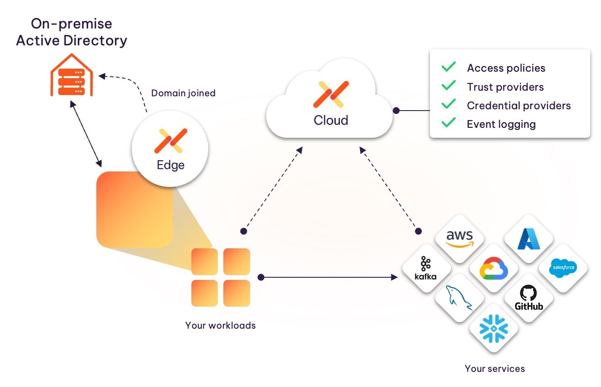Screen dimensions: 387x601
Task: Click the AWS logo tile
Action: (459, 238)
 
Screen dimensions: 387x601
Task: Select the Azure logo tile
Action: (529, 239)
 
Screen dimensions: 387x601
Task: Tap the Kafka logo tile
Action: (426, 268)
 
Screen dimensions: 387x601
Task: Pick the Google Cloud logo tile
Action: (494, 269)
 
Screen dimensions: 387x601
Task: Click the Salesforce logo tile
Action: (563, 268)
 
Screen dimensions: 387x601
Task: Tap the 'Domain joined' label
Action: (183, 93)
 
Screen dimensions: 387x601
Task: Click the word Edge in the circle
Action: (171, 165)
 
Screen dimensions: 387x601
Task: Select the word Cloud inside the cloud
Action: (331, 120)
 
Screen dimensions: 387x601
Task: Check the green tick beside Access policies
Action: (448, 67)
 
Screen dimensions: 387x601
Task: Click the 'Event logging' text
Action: (501, 124)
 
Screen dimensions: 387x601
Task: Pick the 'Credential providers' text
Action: (518, 106)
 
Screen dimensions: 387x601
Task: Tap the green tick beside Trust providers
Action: (448, 86)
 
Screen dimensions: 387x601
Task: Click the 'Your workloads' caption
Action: (220, 326)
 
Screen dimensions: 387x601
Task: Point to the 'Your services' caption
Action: (495, 369)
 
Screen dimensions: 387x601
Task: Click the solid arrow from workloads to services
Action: (328, 277)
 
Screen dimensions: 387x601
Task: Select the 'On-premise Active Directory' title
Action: (72, 32)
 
